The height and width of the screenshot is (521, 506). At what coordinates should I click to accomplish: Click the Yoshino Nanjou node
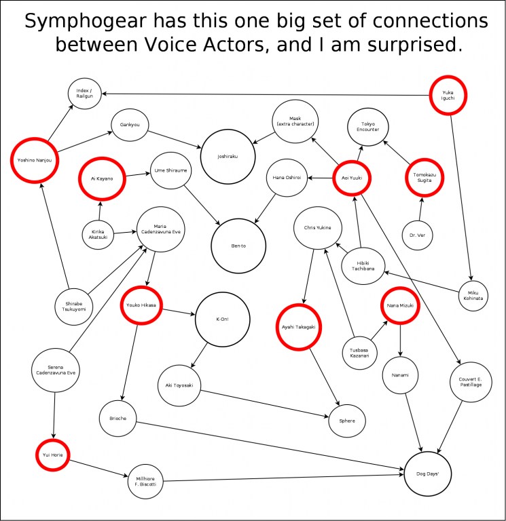(35, 161)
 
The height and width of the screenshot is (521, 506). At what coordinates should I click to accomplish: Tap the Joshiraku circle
(227, 156)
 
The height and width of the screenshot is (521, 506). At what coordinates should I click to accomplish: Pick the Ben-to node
(238, 246)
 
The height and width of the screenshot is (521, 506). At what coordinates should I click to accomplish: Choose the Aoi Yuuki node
(354, 178)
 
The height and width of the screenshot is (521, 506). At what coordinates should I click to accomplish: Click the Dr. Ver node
(417, 235)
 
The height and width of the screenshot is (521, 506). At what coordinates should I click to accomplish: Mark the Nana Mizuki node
(400, 307)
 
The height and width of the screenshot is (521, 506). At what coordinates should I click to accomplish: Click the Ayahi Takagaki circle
(298, 327)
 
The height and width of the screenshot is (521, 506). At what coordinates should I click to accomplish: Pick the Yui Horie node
(52, 455)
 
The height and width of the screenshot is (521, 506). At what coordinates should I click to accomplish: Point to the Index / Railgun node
(85, 93)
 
